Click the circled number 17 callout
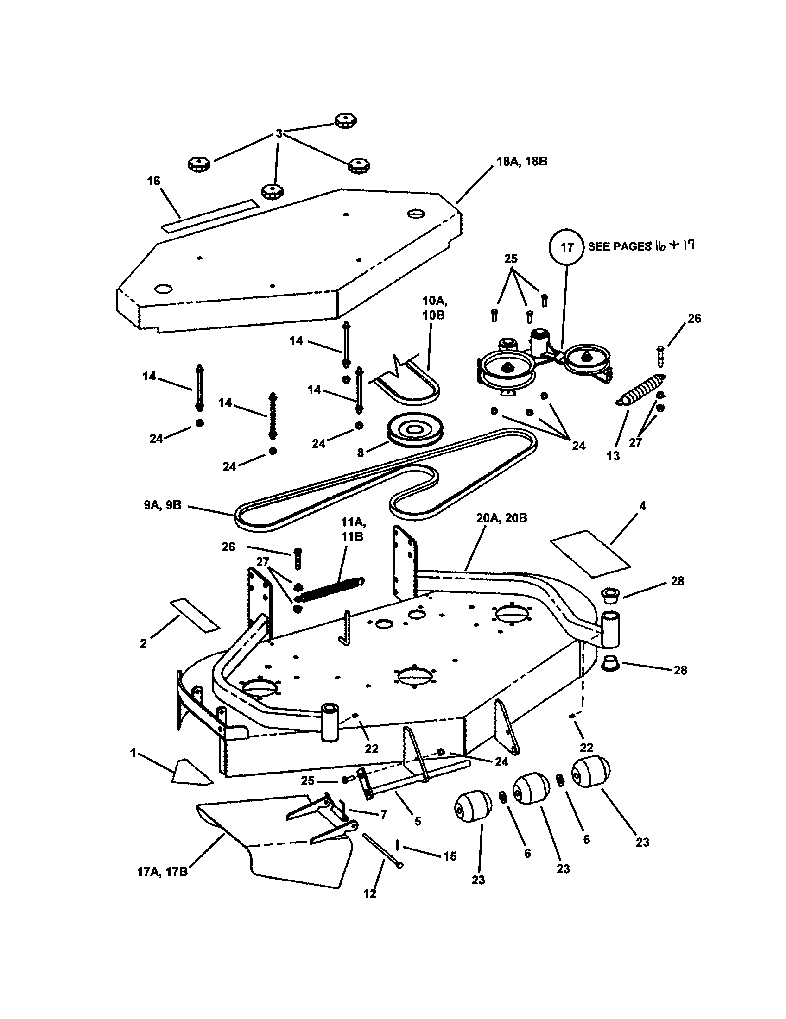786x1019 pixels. [x=566, y=247]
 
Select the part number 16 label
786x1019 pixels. [x=153, y=181]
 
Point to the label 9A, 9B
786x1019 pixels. [x=163, y=505]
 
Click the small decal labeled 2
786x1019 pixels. [x=195, y=616]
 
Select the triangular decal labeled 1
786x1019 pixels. [x=191, y=773]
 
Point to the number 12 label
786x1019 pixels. [x=370, y=893]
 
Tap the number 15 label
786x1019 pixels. [x=450, y=855]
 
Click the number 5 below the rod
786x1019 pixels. [x=418, y=821]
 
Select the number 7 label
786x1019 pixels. [x=384, y=815]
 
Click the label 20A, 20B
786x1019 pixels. [x=502, y=518]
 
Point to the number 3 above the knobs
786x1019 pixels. [x=279, y=134]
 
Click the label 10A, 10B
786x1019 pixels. [x=434, y=308]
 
